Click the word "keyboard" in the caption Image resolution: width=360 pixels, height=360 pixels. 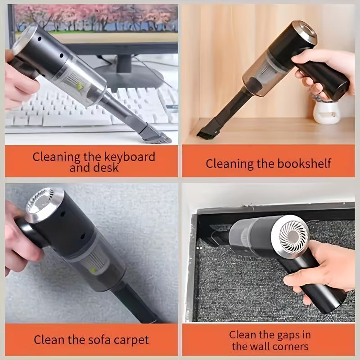(128, 157)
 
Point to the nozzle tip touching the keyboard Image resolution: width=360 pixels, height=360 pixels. (155, 134)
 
